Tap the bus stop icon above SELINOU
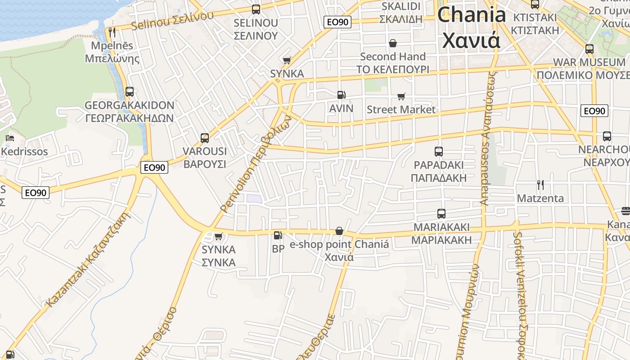(x=256, y=9)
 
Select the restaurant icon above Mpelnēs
(x=112, y=32)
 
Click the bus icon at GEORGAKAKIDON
(x=130, y=92)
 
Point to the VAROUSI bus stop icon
(x=205, y=138)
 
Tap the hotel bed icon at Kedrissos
(x=10, y=138)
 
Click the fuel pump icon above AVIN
(x=342, y=95)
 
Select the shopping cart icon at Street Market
(x=401, y=96)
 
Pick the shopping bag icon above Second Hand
(x=393, y=43)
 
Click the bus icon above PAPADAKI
(x=439, y=152)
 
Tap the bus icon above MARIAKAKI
(x=441, y=214)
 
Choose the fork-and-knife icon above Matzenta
(x=540, y=184)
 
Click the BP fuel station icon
(x=278, y=235)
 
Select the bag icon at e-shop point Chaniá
(x=339, y=231)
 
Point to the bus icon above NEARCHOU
(x=607, y=136)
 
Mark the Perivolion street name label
(x=256, y=164)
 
